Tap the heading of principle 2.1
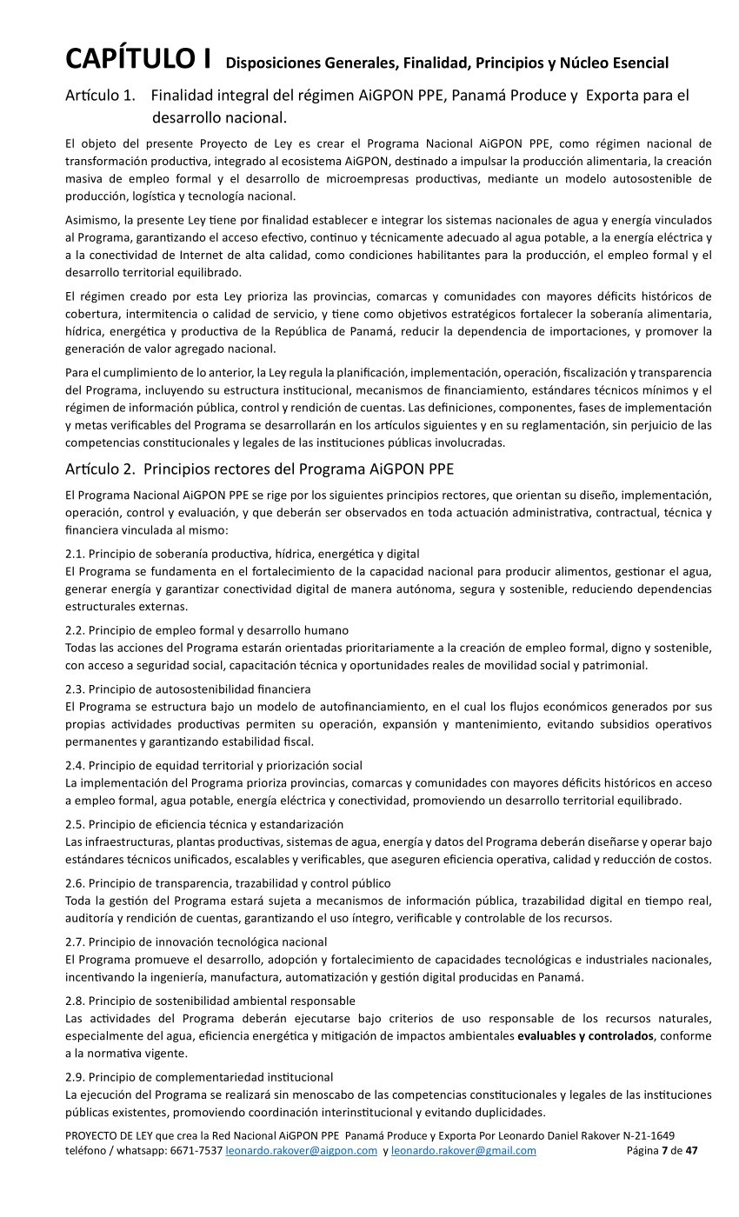pyautogui.click(x=242, y=554)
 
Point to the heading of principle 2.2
pyautogui.click(x=207, y=629)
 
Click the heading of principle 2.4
pyautogui.click(x=214, y=765)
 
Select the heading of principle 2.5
pyautogui.click(x=204, y=824)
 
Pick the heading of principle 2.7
pyautogui.click(x=196, y=941)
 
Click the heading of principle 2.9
pyautogui.click(x=199, y=1077)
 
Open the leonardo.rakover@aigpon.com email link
pyautogui.click(x=302, y=1151)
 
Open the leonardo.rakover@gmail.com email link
pyautogui.click(x=463, y=1151)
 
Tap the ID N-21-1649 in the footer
pyautogui.click(x=643, y=1136)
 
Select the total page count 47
pyautogui.click(x=691, y=1151)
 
